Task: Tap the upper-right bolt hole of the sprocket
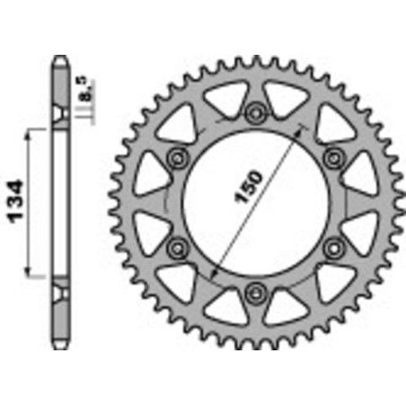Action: [335, 157]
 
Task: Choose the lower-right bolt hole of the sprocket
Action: [335, 246]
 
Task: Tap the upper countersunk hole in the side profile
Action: [58, 114]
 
